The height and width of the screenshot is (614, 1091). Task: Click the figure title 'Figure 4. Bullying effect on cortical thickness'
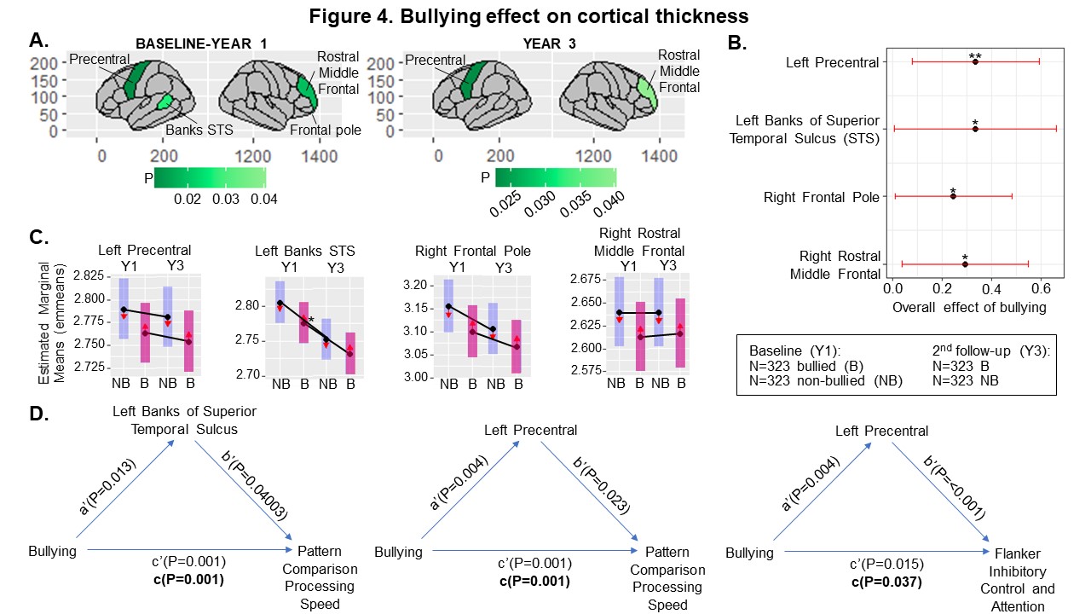click(x=545, y=15)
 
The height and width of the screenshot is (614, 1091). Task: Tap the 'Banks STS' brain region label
click(x=198, y=130)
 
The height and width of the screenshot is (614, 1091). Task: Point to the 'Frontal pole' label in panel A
click(x=325, y=130)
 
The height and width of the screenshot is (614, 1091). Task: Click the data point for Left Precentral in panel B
click(x=975, y=61)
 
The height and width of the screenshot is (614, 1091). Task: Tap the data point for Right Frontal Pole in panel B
click(x=953, y=196)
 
